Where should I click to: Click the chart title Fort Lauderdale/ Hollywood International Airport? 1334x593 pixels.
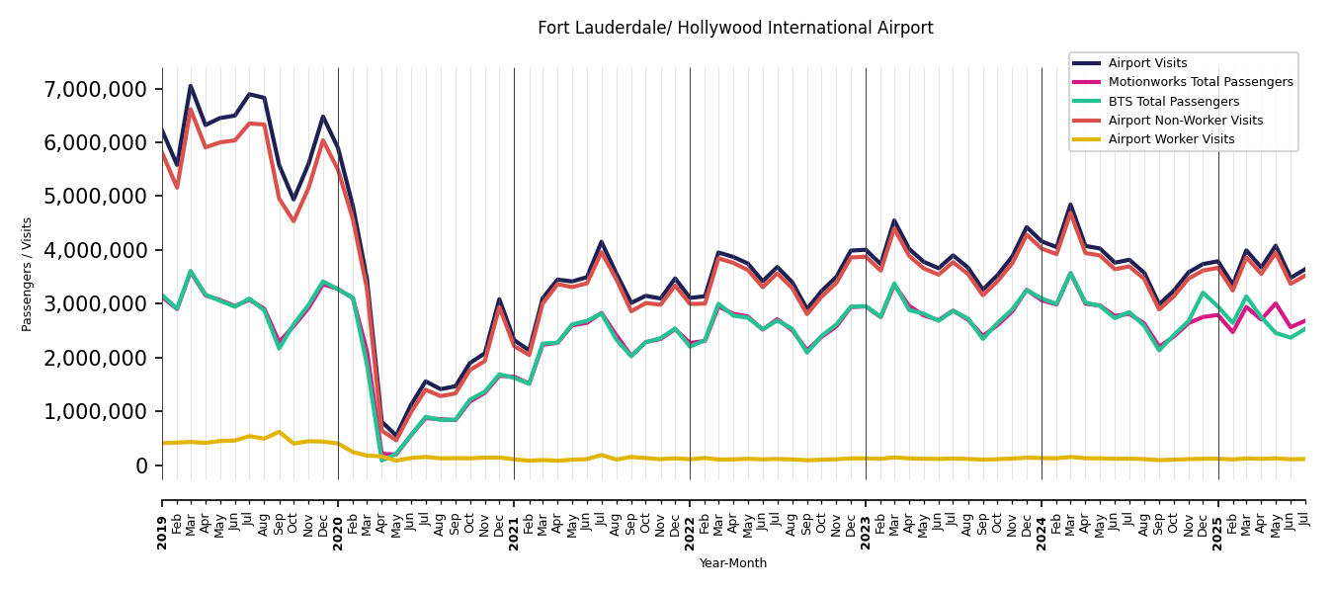735,29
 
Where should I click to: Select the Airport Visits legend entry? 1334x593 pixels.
1147,63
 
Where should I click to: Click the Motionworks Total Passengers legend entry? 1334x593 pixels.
1200,82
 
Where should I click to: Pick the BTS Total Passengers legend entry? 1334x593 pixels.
1173,102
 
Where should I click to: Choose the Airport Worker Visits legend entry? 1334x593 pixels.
1171,139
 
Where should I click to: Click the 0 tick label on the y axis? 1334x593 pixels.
141,466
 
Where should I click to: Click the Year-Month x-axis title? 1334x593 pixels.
733,563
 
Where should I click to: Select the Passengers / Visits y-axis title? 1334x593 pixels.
28,274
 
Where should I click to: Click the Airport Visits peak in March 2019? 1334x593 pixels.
191,86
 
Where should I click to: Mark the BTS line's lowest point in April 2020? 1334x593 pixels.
382,460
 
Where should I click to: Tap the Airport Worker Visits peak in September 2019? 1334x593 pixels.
279,432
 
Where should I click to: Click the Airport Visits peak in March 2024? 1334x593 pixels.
1070,206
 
